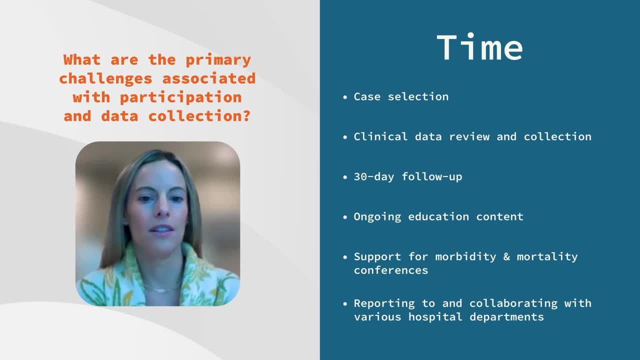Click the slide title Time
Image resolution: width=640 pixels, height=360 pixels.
[x=479, y=47]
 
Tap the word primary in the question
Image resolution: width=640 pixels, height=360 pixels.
[x=218, y=60]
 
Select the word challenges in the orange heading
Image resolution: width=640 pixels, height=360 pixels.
[x=105, y=78]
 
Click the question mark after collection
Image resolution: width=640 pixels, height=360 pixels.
[x=246, y=115]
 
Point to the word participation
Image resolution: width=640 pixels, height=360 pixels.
[x=181, y=97]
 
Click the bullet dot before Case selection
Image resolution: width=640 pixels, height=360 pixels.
[x=345, y=97]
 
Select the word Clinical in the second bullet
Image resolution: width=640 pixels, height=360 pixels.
[x=380, y=136]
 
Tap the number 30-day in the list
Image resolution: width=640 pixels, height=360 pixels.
[x=373, y=177]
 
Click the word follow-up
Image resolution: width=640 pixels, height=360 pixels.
[x=431, y=177]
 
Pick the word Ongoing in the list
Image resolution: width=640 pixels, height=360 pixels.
[x=377, y=217]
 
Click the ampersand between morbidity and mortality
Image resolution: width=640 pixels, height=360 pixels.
[x=506, y=256]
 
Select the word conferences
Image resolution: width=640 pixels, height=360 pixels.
[x=391, y=270]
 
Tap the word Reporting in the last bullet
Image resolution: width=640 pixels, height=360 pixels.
[x=384, y=303]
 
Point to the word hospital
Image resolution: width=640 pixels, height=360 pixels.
[x=435, y=317]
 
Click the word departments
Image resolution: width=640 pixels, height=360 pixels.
[x=506, y=317]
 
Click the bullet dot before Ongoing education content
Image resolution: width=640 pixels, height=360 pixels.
[x=345, y=217]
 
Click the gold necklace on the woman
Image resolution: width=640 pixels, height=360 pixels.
[x=161, y=289]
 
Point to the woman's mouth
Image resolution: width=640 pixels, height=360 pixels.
[x=161, y=229]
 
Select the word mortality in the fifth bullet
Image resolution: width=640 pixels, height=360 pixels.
[x=547, y=257]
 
